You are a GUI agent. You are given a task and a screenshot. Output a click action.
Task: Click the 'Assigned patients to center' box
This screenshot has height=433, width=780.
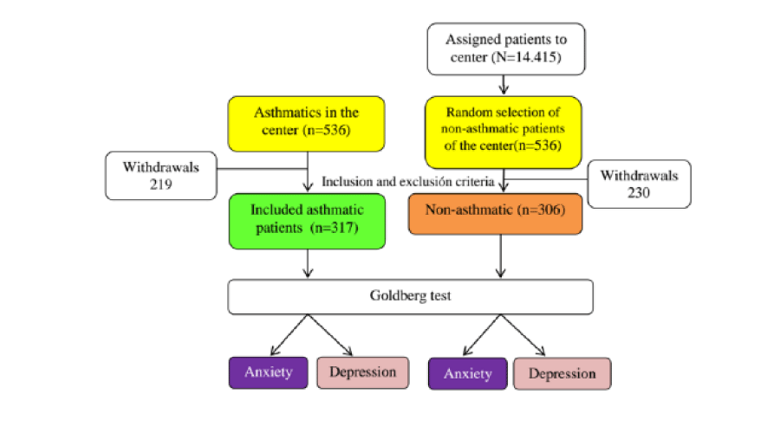pyautogui.click(x=504, y=48)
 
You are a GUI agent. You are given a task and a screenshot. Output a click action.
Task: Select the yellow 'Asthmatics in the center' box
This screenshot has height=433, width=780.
pyautogui.click(x=307, y=121)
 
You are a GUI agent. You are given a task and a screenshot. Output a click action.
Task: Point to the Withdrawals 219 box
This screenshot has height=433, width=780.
pyautogui.click(x=159, y=176)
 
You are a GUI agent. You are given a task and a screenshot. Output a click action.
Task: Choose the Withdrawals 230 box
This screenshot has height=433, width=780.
pyautogui.click(x=639, y=184)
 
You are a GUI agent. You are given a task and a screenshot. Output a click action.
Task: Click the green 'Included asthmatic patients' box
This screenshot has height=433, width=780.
pyautogui.click(x=307, y=221)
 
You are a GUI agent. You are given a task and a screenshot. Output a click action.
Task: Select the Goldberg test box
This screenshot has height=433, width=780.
pyautogui.click(x=410, y=295)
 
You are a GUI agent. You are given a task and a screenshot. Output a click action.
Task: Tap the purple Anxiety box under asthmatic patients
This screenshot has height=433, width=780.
pyautogui.click(x=268, y=372)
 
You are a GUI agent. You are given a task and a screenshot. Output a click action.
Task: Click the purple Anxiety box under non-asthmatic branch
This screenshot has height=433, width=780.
pyautogui.click(x=467, y=374)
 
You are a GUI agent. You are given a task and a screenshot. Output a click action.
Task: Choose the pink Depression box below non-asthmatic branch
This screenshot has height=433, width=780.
pyautogui.click(x=562, y=374)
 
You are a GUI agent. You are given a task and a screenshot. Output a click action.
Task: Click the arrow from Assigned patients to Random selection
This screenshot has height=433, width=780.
pyautogui.click(x=504, y=83)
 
